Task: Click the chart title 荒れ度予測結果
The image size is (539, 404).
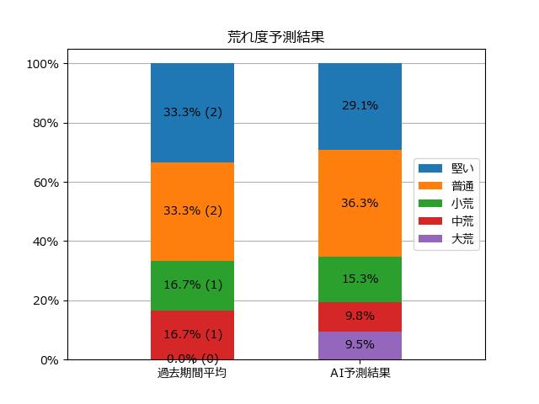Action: tap(275, 37)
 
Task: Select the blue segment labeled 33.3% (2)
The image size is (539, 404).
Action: tap(193, 113)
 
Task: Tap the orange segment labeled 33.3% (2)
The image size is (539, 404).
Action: tap(193, 211)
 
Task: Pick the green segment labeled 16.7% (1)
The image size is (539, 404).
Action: tap(193, 286)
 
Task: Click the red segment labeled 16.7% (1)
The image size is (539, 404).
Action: tap(193, 335)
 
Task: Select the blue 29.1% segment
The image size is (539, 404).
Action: tap(360, 107)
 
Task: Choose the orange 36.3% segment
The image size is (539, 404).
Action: tap(360, 204)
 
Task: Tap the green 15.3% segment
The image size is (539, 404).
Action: tap(360, 279)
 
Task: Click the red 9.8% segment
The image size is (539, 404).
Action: tap(360, 317)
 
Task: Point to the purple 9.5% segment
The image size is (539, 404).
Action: tap(360, 346)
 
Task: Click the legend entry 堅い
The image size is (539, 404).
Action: tap(446, 168)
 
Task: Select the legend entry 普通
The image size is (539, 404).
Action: tap(446, 186)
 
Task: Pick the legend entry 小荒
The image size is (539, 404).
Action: tap(446, 204)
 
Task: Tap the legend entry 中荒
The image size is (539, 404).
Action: tap(446, 221)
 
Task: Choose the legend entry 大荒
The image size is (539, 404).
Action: tap(446, 239)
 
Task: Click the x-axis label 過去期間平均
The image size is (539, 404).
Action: tap(192, 373)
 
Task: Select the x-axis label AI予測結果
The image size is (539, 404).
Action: tap(360, 373)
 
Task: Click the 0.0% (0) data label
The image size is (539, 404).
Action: tap(193, 359)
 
